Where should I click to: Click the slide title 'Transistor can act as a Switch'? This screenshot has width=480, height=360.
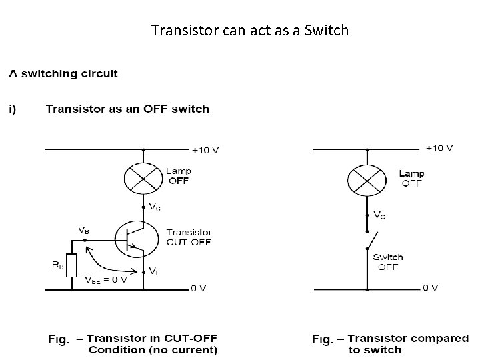click(249, 30)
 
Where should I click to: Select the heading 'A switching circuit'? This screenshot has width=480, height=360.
click(63, 74)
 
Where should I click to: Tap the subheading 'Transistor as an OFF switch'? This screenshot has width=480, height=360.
click(127, 109)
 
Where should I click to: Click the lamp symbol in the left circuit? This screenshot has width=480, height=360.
click(143, 178)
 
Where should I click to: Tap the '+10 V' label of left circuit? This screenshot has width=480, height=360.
click(205, 149)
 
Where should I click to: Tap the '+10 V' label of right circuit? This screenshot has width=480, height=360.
click(439, 148)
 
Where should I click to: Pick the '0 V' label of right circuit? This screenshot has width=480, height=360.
click(431, 288)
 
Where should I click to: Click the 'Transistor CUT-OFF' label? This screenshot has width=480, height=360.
click(189, 237)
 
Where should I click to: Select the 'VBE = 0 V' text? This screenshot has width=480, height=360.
click(106, 279)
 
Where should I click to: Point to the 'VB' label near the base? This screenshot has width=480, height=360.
click(83, 230)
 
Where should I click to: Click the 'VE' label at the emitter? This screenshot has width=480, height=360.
click(154, 271)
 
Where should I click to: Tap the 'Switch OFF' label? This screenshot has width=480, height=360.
click(387, 262)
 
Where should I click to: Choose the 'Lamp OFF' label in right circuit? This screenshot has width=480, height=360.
click(411, 179)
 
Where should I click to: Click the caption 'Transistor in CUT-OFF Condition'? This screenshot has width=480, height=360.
click(141, 345)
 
